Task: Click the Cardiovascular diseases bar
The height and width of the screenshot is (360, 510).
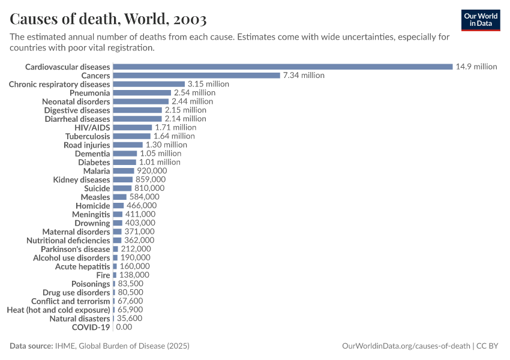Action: pyautogui.click(x=283, y=67)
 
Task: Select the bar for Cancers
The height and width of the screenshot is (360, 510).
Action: pyautogui.click(x=197, y=76)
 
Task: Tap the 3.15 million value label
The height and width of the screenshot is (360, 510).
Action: pyautogui.click(x=208, y=84)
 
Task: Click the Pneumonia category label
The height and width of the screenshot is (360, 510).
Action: pyautogui.click(x=89, y=93)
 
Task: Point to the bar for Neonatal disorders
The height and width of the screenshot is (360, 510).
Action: pyautogui.click(x=141, y=101)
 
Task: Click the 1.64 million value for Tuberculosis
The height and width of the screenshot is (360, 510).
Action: pyautogui.click(x=174, y=136)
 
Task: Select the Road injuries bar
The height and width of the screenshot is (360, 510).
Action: pyautogui.click(x=128, y=145)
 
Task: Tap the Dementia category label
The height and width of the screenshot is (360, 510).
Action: pyautogui.click(x=92, y=154)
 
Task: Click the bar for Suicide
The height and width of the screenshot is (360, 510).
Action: pyautogui.click(x=122, y=188)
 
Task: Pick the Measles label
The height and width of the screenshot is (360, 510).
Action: pyautogui.click(x=95, y=197)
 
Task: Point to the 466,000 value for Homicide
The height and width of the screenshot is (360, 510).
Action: pyautogui.click(x=143, y=205)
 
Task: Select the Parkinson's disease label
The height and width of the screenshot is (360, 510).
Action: pyautogui.click(x=76, y=249)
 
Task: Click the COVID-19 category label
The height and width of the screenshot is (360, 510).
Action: pyautogui.click(x=91, y=327)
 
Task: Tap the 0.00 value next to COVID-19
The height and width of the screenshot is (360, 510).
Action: pyautogui.click(x=124, y=327)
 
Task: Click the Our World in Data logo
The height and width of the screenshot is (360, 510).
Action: pyautogui.click(x=481, y=19)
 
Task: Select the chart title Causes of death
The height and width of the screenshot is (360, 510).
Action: pyautogui.click(x=109, y=19)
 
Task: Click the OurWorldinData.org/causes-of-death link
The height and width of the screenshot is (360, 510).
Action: pyautogui.click(x=405, y=346)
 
